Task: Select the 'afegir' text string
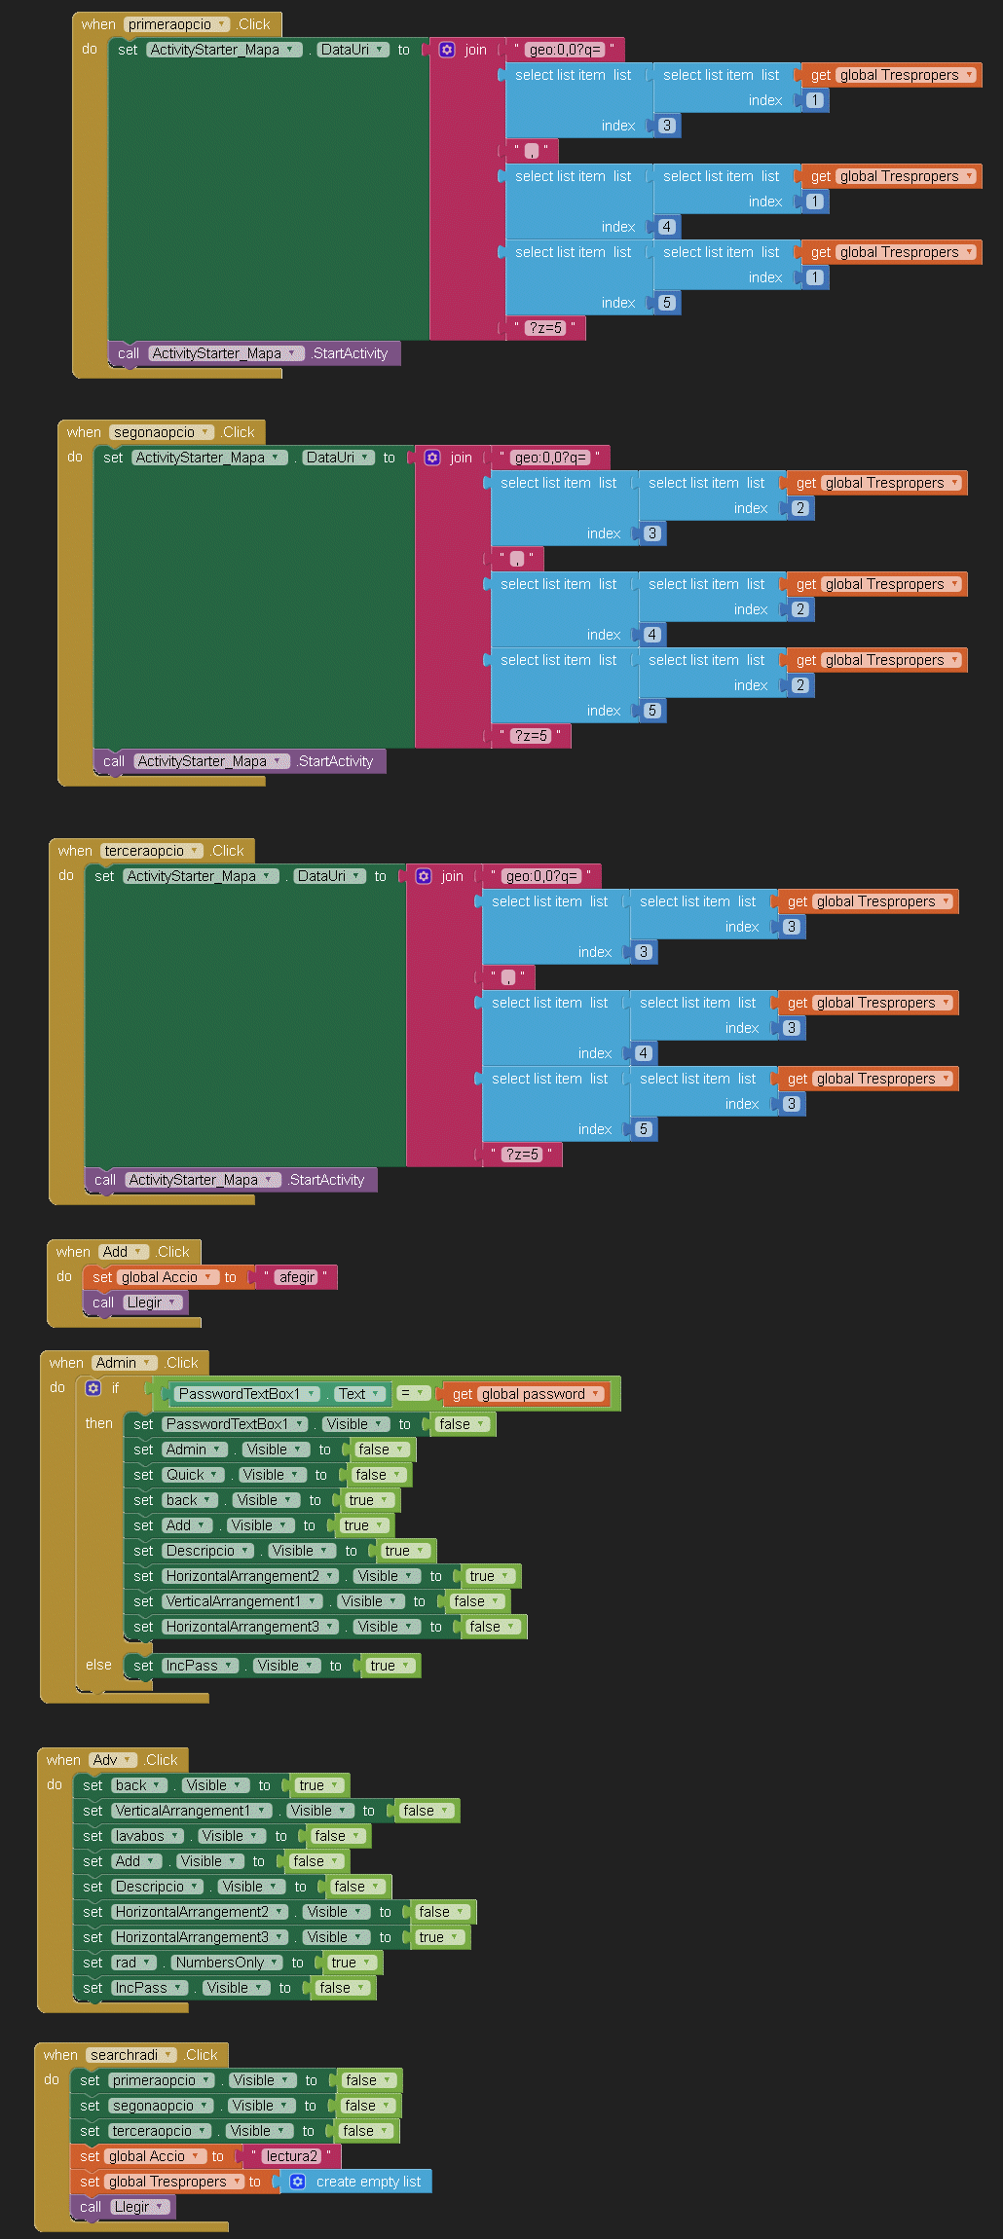pyautogui.click(x=297, y=1277)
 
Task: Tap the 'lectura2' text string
pyautogui.click(x=291, y=2156)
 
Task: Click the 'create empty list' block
pyautogui.click(x=356, y=2182)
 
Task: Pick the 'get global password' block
pyautogui.click(x=526, y=1394)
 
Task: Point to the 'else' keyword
pyautogui.click(x=98, y=1665)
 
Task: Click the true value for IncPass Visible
pyautogui.click(x=388, y=1666)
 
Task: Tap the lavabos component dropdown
pyautogui.click(x=146, y=1836)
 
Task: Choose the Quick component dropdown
pyautogui.click(x=192, y=1475)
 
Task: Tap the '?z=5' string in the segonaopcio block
pyautogui.click(x=531, y=736)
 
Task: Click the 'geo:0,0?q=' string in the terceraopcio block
pyautogui.click(x=541, y=876)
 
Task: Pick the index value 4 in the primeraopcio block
pyautogui.click(x=667, y=227)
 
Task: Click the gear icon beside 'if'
pyautogui.click(x=93, y=1388)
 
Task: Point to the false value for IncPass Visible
pyautogui.click(x=339, y=1988)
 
